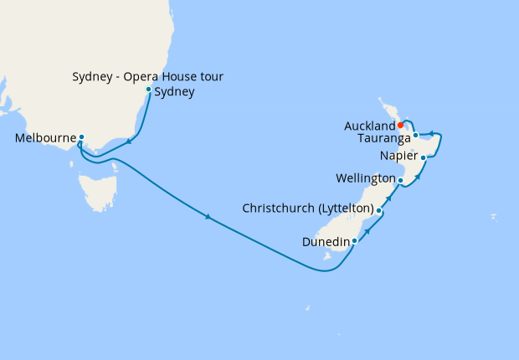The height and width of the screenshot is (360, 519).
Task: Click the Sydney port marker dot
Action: tap(149, 90)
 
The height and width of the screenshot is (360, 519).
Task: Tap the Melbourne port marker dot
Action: tap(81, 136)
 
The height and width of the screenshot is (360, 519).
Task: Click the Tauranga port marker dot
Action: tap(415, 135)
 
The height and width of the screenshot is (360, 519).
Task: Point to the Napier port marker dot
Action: tap(424, 157)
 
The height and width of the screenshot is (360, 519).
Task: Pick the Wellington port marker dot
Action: tap(401, 180)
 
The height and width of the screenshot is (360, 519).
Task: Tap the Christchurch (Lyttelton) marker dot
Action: tap(379, 211)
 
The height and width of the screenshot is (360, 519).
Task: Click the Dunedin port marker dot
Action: tap(355, 241)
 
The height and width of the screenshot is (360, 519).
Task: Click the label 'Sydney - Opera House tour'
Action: tap(146, 78)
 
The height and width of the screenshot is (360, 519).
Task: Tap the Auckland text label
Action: tap(369, 126)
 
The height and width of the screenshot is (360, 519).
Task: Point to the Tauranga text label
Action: tap(383, 136)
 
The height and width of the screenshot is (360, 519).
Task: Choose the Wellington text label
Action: tap(365, 179)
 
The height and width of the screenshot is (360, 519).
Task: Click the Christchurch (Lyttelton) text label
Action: tap(307, 208)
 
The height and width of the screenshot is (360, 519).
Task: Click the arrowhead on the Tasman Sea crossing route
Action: tap(208, 218)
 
